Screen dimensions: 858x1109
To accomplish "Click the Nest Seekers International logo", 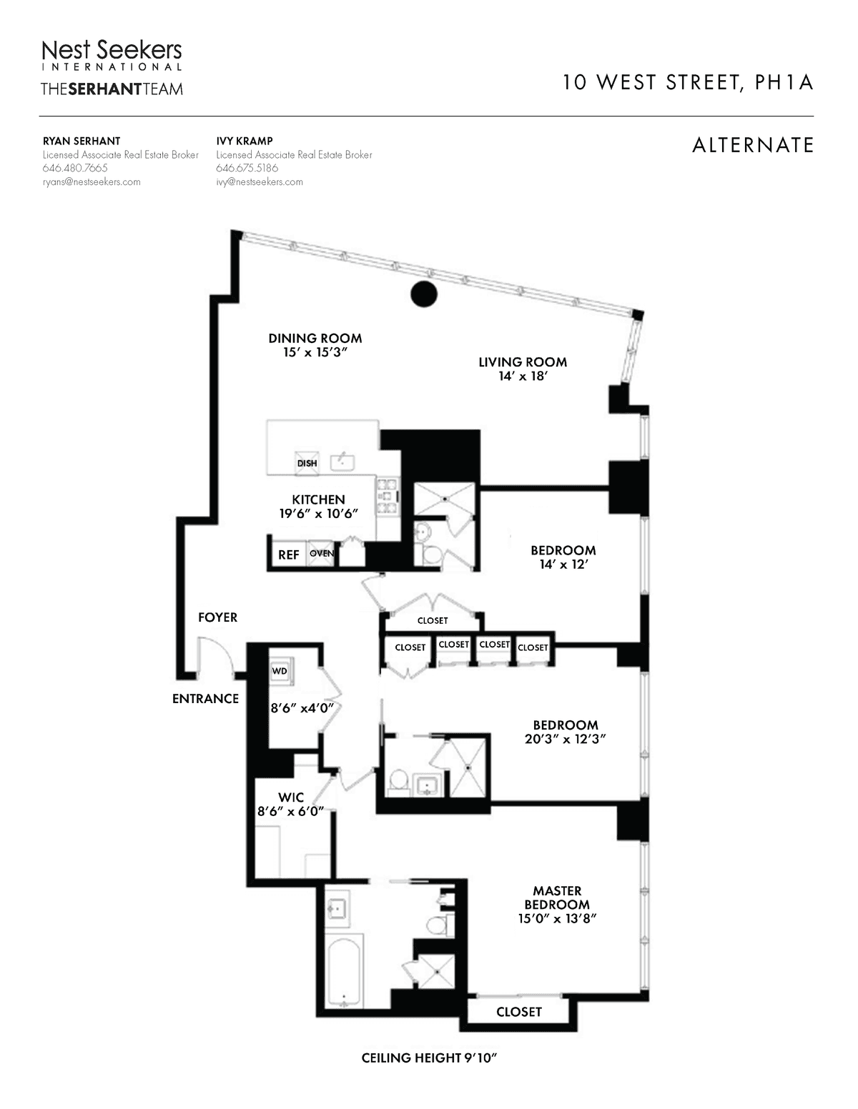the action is coord(112,55).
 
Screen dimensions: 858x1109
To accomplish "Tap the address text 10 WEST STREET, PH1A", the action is coord(688,83).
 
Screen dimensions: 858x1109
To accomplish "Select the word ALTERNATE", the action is coord(753,146).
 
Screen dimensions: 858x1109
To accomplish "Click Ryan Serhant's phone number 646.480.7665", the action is coord(75,168).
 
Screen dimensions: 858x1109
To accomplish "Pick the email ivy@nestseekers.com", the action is coord(260,181).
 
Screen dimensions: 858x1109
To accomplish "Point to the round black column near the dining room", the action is coord(424,294).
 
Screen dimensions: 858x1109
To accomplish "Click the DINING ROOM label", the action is coord(315,339).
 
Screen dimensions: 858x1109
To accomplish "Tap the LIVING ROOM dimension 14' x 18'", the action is coord(523,376).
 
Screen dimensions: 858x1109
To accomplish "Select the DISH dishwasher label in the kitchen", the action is coord(307,464).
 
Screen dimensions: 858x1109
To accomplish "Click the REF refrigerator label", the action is coord(288,554).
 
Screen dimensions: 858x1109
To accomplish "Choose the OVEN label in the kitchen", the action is coord(322,553).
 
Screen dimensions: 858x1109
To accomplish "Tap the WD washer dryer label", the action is coord(279,671).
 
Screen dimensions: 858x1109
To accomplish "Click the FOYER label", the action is coord(218,617).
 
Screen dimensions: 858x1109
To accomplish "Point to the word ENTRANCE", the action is coord(205,699).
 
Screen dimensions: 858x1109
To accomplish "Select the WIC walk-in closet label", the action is coord(291,797).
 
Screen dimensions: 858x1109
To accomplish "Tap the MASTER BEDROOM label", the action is coord(557,897).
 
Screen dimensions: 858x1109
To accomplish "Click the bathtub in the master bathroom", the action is coord(345,971).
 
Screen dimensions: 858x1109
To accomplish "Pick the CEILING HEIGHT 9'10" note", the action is coord(429,1058).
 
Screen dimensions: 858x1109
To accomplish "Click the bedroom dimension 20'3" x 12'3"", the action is coord(565,738).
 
